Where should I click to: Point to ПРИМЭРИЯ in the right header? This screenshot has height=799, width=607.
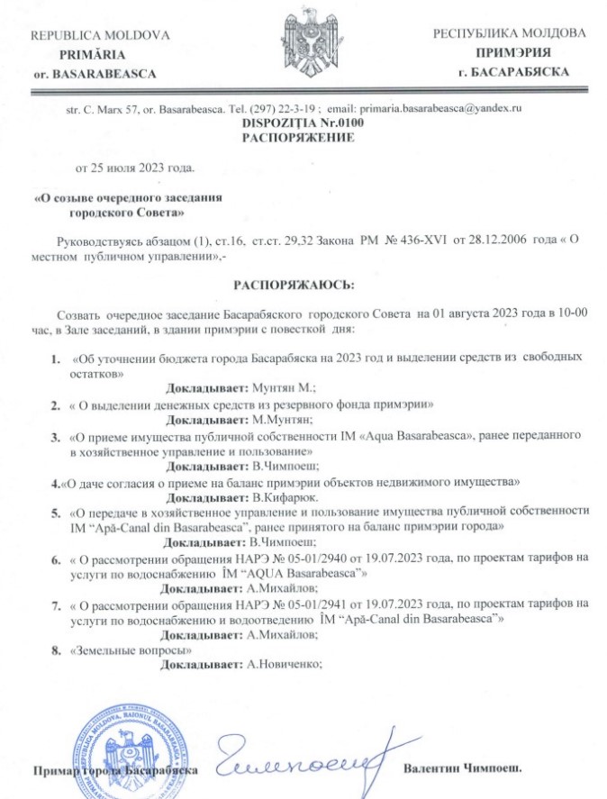(x=510, y=53)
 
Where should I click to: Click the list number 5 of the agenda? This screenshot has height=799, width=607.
(x=54, y=512)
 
